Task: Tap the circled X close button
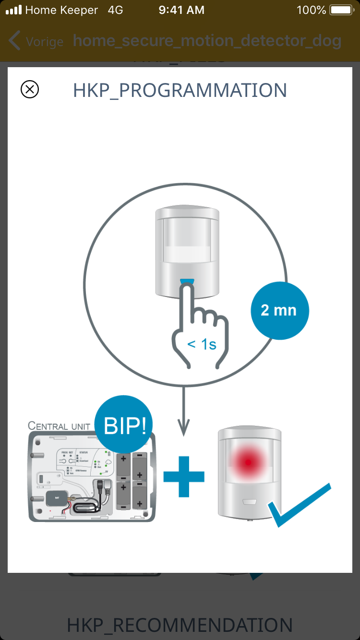pyautogui.click(x=30, y=89)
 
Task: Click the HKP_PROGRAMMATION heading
pyautogui.click(x=180, y=90)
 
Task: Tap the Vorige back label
pyautogui.click(x=44, y=41)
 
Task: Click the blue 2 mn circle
pyautogui.click(x=280, y=310)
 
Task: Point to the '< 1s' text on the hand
pyautogui.click(x=202, y=344)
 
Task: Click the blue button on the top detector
pyautogui.click(x=187, y=282)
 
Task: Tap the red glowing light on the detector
pyautogui.click(x=248, y=462)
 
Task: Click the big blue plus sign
pyautogui.click(x=184, y=477)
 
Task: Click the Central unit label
pyautogui.click(x=59, y=426)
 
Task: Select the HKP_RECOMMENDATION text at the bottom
pyautogui.click(x=180, y=625)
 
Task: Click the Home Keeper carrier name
pyautogui.click(x=61, y=10)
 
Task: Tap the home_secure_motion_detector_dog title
pyautogui.click(x=207, y=41)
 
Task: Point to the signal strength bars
pyautogui.click(x=13, y=10)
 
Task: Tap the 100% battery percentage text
pyautogui.click(x=312, y=10)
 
